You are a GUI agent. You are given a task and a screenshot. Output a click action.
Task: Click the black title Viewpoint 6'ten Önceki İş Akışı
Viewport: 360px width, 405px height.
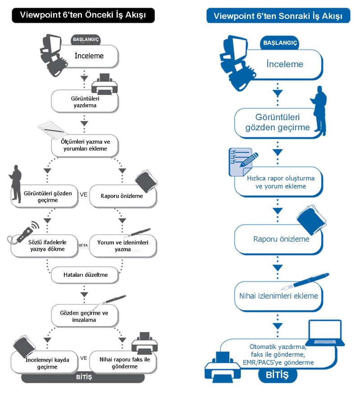[83, 15]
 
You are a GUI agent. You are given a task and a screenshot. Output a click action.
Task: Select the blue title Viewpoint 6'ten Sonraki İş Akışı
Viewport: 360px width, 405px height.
[278, 16]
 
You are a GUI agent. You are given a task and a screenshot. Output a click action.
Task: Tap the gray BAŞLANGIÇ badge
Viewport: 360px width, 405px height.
[86, 40]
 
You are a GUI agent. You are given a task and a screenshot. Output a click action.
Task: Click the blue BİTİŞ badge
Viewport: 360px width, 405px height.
[277, 374]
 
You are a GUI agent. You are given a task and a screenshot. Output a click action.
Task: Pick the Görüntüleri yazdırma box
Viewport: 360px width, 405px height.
[85, 102]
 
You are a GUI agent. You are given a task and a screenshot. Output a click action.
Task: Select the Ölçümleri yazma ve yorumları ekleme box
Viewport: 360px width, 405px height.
[85, 145]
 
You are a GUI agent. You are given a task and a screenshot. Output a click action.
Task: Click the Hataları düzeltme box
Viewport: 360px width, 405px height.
[85, 275]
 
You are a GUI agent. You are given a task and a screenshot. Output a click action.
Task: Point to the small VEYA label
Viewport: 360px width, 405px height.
[83, 245]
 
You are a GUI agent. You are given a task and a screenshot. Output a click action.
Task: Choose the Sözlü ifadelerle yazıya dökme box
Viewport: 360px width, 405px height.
[45, 246]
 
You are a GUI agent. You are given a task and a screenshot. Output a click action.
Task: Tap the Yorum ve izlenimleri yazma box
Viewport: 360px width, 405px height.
[123, 246]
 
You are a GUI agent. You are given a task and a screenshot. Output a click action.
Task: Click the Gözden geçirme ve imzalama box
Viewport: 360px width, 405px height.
[85, 316]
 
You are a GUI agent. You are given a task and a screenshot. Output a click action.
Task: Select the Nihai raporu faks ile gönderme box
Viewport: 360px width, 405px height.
[123, 362]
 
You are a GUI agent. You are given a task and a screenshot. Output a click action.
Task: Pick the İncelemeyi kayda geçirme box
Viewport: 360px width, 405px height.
[45, 362]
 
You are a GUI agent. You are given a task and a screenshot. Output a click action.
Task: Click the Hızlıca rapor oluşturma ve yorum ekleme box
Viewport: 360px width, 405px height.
[279, 182]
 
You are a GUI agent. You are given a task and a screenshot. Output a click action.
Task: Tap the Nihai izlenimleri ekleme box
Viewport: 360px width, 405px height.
[279, 296]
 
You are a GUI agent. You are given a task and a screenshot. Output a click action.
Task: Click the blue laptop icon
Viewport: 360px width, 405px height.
[325, 333]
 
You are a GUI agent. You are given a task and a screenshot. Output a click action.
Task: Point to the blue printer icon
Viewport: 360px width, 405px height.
[223, 367]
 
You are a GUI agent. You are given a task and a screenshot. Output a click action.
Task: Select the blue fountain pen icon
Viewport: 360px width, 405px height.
[305, 282]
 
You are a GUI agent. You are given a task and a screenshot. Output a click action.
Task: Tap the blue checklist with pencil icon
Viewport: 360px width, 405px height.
[243, 162]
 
